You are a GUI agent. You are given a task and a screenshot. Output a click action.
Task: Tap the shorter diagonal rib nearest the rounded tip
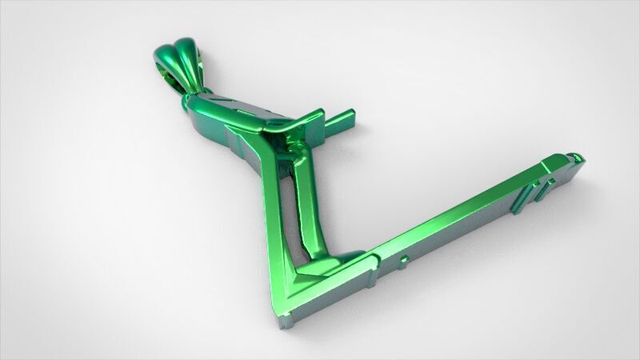point(548,186)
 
